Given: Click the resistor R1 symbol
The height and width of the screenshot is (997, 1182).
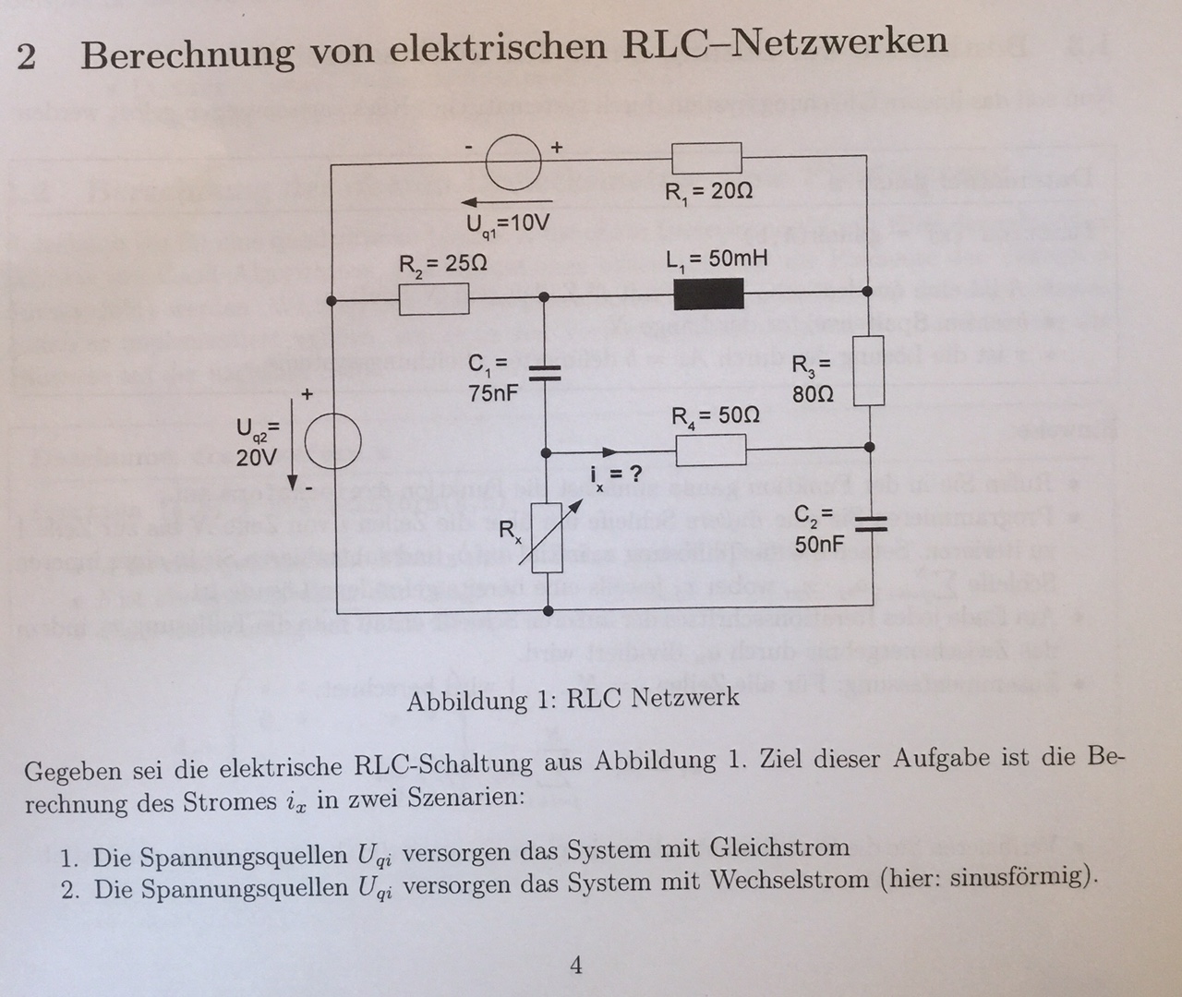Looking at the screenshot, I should pyautogui.click(x=706, y=158).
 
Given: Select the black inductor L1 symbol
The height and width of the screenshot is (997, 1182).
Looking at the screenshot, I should pyautogui.click(x=709, y=294).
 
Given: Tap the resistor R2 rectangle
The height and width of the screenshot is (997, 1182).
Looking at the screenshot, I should pyautogui.click(x=434, y=299).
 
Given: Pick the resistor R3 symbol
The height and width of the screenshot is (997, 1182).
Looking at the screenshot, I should pyautogui.click(x=869, y=371).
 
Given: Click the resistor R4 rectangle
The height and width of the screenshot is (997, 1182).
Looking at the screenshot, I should pyautogui.click(x=711, y=450).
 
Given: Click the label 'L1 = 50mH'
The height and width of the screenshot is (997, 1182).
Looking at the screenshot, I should pyautogui.click(x=717, y=258).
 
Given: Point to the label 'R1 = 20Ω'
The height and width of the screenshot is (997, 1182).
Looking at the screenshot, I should pyautogui.click(x=708, y=192).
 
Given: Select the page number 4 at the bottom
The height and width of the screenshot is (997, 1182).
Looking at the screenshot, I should pyautogui.click(x=576, y=966).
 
